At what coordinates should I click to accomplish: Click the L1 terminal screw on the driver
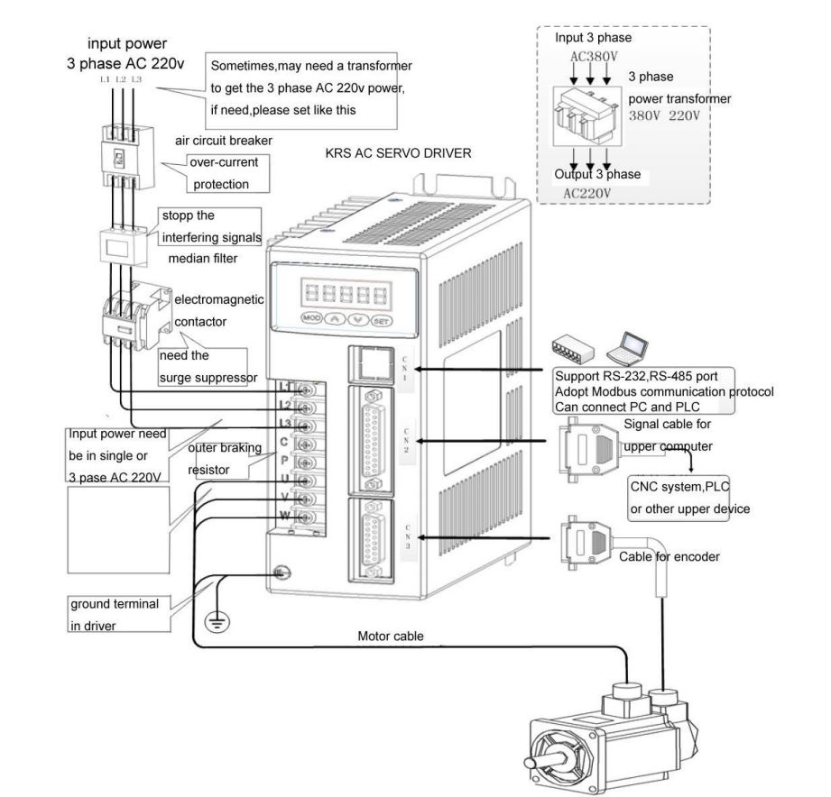coord(304,390)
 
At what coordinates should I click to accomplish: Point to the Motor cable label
coord(391,637)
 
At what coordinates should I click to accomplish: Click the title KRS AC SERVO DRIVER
coord(398,154)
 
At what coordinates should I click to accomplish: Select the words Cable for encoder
coord(669,557)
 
